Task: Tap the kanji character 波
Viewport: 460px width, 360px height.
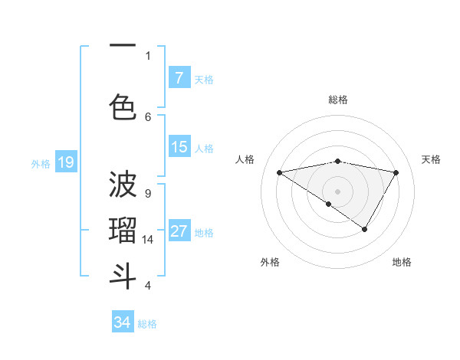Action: click(123, 184)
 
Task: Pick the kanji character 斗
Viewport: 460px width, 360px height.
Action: click(123, 276)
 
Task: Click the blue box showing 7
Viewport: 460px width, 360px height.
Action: click(179, 78)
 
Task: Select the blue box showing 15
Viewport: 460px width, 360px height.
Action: click(179, 147)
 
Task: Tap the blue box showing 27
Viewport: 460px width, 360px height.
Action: click(179, 231)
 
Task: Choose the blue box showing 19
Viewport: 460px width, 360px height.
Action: click(66, 162)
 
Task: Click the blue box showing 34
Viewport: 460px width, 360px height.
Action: click(123, 322)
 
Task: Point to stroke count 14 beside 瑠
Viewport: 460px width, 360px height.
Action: click(149, 240)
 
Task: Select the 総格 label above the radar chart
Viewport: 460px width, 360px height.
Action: click(338, 100)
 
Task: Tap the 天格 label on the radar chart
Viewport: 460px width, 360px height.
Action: click(431, 159)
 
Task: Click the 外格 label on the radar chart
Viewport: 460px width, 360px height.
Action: click(270, 262)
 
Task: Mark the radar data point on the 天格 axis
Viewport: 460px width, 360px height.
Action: click(396, 172)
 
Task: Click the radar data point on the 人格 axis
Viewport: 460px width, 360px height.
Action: click(280, 172)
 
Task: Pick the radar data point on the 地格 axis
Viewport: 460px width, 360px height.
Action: click(365, 229)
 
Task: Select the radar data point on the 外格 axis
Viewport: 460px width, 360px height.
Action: click(329, 204)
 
